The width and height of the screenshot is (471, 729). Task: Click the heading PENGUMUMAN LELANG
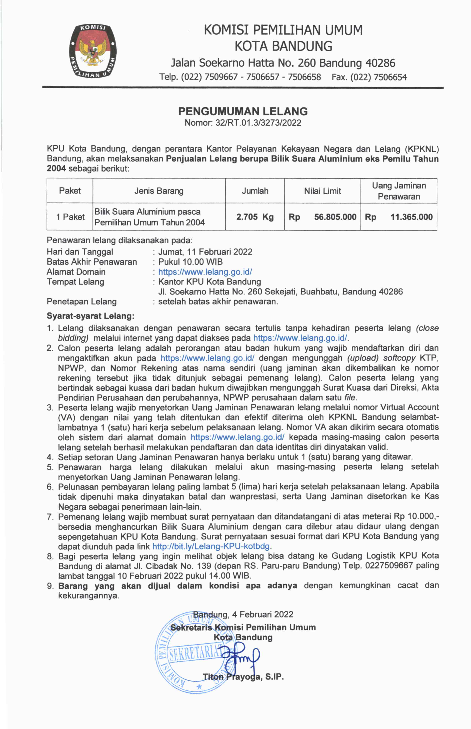point(243,111)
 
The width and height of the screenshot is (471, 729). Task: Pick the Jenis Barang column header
point(159,191)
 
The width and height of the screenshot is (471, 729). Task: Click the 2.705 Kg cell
point(255,217)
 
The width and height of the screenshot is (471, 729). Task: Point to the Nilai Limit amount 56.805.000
point(335,217)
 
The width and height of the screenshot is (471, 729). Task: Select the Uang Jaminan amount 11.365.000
point(411,217)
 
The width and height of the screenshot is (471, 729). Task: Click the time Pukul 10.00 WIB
point(190,262)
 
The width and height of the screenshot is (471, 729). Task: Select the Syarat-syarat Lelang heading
point(91,316)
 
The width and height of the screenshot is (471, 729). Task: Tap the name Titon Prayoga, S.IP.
point(243,677)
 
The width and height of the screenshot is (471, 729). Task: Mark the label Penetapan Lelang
point(82,302)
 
